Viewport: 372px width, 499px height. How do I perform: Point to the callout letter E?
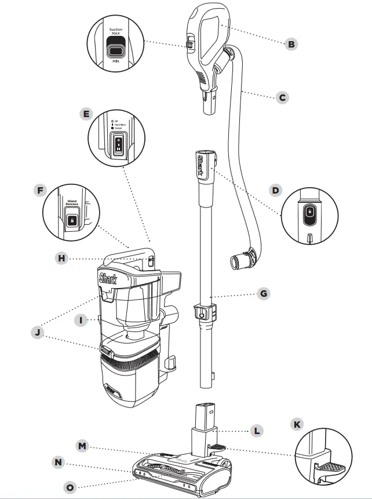[87, 114]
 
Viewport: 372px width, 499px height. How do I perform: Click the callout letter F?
[40, 190]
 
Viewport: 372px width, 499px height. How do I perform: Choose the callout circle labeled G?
[264, 294]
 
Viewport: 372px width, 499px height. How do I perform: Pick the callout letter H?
[61, 259]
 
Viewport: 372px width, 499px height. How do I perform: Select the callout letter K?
[297, 424]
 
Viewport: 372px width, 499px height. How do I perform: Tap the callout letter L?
[257, 431]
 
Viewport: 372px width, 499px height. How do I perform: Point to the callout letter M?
[83, 445]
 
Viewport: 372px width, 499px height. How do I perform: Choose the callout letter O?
[70, 487]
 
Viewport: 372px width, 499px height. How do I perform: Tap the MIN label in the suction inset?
[116, 60]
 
